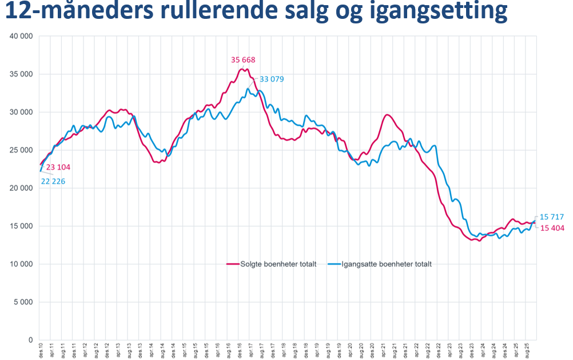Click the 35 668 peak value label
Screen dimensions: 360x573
[x=243, y=59]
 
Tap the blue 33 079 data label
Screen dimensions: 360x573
[x=272, y=79]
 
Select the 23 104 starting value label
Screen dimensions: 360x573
[x=58, y=167]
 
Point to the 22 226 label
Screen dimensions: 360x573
[x=53, y=181]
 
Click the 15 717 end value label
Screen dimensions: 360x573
[x=552, y=217]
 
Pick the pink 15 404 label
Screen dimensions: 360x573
[x=552, y=228]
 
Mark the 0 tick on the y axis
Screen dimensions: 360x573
[x=30, y=340]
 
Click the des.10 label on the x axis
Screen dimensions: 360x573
[x=40, y=350]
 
